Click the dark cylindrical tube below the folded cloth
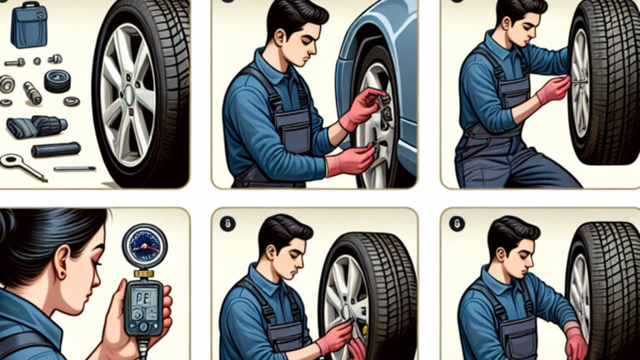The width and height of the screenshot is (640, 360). click(x=56, y=150)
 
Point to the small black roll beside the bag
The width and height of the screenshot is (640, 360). click(x=57, y=81)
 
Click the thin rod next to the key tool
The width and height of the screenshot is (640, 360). click(x=75, y=169)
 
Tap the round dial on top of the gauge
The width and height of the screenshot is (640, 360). click(x=144, y=245)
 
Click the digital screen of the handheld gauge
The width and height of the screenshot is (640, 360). click(x=141, y=298)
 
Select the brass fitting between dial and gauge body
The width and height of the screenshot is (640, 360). click(x=144, y=273)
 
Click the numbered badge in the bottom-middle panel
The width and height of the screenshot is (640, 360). click(x=227, y=223)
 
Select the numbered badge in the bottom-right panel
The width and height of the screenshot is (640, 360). click(x=456, y=223)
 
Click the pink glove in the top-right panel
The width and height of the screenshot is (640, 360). click(x=553, y=89)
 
